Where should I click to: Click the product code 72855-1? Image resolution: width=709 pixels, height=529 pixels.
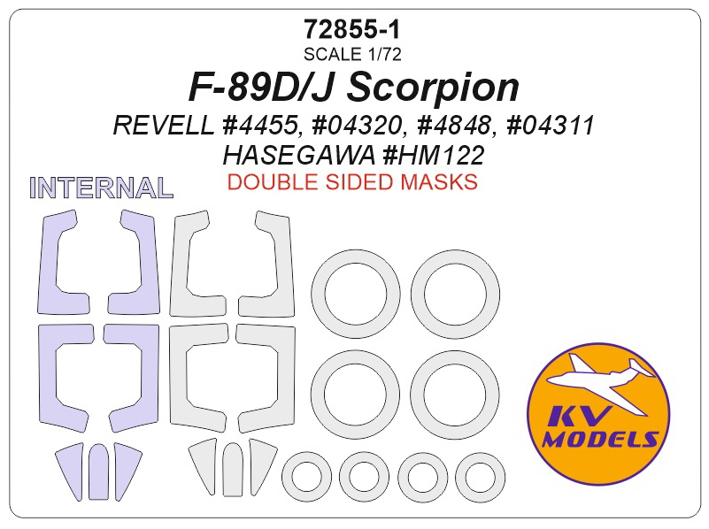point(352,30)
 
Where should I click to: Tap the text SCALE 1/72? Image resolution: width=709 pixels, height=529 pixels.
point(352,54)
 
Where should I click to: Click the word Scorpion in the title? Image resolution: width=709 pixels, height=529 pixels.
point(433,88)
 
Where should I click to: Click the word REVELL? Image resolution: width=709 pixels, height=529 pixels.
point(164,125)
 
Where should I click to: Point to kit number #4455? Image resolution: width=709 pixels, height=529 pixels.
point(261,125)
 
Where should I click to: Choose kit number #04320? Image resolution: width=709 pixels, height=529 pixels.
point(357,125)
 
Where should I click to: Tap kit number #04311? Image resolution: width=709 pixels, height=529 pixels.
point(551,125)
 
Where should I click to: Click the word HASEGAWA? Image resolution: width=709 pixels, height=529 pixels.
point(299,156)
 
